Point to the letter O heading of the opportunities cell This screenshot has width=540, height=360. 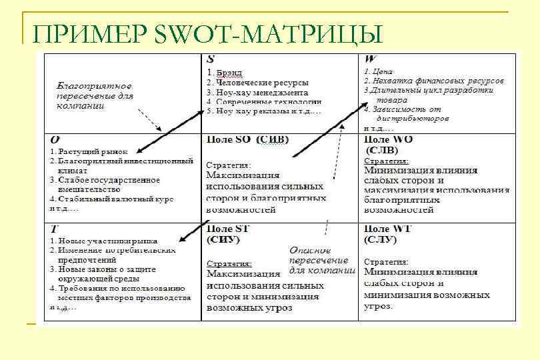(x=55, y=139)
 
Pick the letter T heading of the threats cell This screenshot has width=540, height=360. (x=54, y=228)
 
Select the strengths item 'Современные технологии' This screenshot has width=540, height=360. (x=267, y=101)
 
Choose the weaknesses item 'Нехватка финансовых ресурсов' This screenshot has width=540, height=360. (x=437, y=81)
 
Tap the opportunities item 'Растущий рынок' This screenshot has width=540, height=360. (x=92, y=152)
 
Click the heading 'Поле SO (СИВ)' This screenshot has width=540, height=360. (x=247, y=140)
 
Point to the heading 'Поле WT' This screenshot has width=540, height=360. (x=389, y=229)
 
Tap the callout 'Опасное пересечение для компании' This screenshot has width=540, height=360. (x=319, y=261)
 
